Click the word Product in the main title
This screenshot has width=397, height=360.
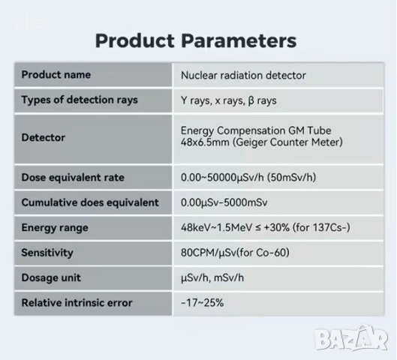pyautogui.click(x=135, y=40)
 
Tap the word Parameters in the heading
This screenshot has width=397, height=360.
pyautogui.click(x=239, y=40)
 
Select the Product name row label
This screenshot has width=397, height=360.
pyautogui.click(x=56, y=75)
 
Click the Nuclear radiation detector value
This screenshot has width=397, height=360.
pyautogui.click(x=243, y=76)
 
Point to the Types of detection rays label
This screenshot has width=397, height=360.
pyautogui.click(x=80, y=100)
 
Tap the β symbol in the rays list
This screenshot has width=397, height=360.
pyautogui.click(x=251, y=101)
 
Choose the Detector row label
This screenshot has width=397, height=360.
pyautogui.click(x=44, y=137)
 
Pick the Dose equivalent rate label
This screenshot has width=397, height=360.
pyautogui.click(x=73, y=177)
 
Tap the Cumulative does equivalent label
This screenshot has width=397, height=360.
pyautogui.click(x=90, y=202)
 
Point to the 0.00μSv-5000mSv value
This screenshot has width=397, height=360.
pyautogui.click(x=224, y=202)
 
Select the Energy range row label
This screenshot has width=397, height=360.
pyautogui.click(x=55, y=228)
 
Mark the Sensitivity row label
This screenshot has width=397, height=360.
pyautogui.click(x=47, y=253)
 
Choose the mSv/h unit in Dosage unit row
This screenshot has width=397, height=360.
pyautogui.click(x=229, y=277)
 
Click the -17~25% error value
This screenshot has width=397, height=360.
pyautogui.click(x=203, y=303)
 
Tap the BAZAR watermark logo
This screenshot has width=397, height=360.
pyautogui.click(x=351, y=338)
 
